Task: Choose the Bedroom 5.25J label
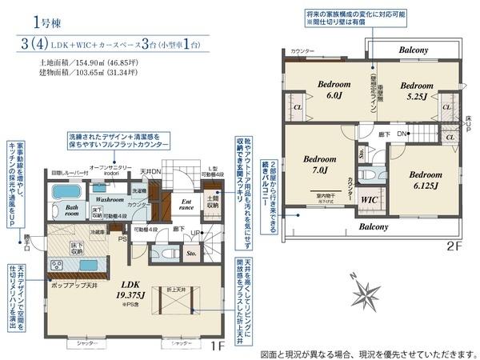click(416, 90)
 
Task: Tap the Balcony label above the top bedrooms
click(414, 50)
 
